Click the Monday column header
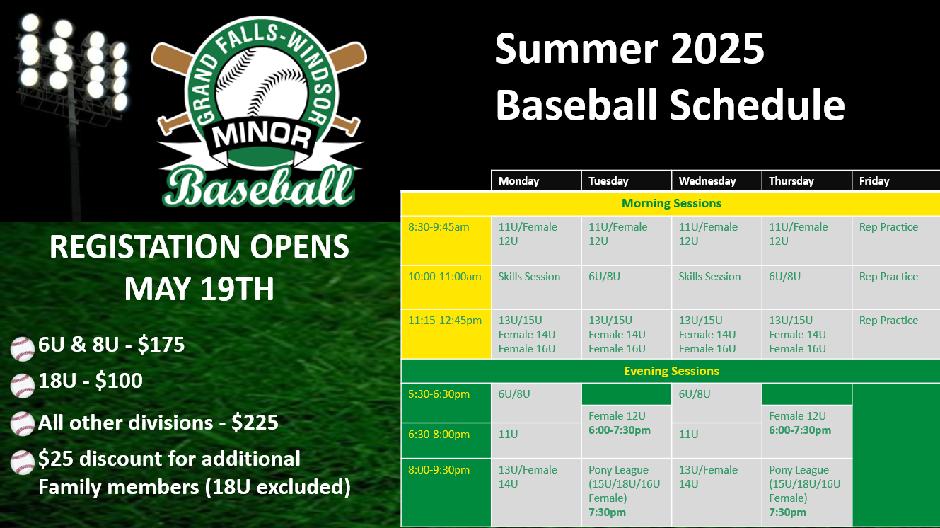(518, 181)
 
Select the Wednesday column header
(707, 181)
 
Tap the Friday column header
(874, 181)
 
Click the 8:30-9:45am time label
(439, 227)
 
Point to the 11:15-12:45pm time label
(445, 321)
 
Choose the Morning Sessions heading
(671, 203)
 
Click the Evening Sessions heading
(671, 372)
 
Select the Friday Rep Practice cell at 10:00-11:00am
(888, 277)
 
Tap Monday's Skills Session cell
(529, 277)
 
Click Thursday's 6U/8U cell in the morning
(784, 277)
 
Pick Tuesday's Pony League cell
(624, 490)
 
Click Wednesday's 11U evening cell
(688, 435)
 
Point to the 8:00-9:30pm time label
(439, 470)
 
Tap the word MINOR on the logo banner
(262, 136)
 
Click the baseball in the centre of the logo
(262, 84)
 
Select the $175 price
(161, 345)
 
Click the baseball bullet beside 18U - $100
(22, 386)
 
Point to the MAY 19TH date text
(199, 289)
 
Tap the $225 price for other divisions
(255, 423)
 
